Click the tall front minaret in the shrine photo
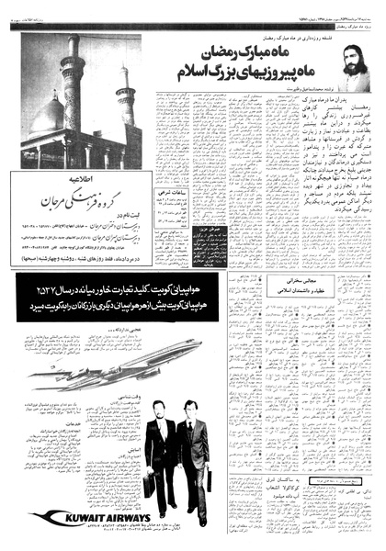pos(73,92)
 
